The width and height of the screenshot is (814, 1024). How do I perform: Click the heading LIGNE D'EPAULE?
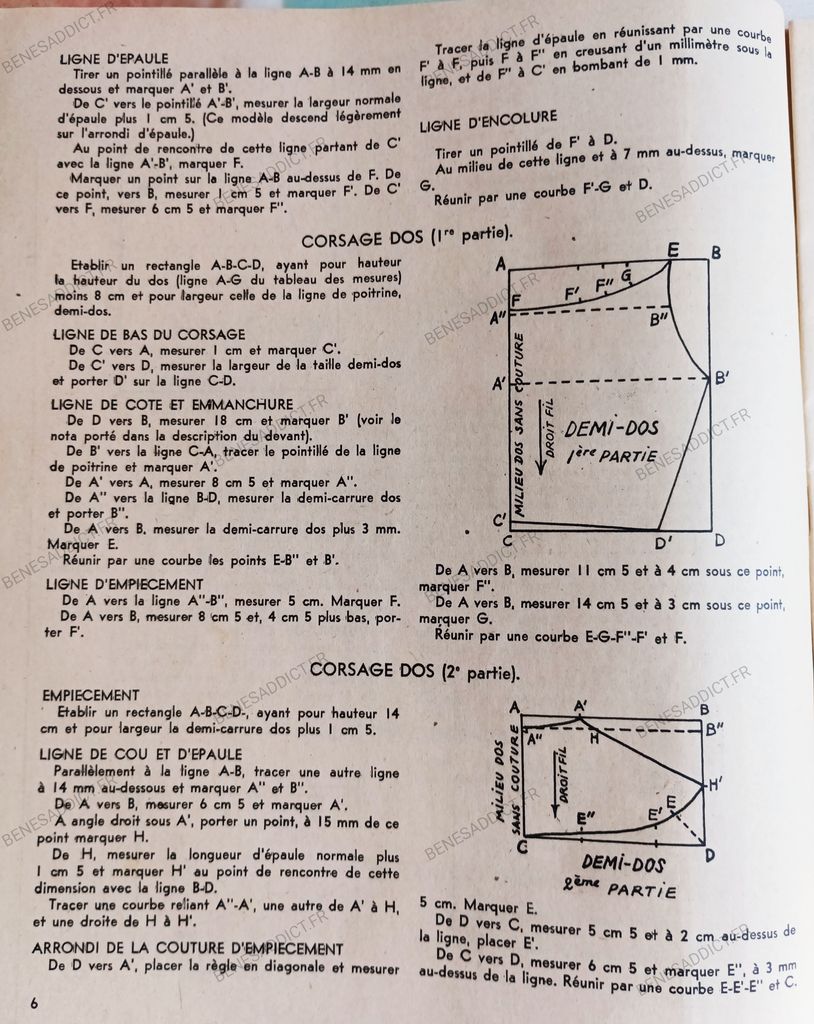coord(114,59)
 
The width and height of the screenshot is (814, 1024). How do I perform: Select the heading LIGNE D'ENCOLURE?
coord(488,125)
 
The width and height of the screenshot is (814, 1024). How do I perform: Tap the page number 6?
coord(35,1002)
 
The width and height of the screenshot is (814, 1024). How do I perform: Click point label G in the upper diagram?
coord(626,275)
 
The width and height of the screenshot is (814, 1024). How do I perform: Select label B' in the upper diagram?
coord(720,379)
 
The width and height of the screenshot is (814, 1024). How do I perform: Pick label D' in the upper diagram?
coord(663,543)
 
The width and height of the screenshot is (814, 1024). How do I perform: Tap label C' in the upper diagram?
coord(499,519)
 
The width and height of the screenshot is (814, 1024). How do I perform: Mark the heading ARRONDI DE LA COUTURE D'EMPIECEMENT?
coord(188,948)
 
